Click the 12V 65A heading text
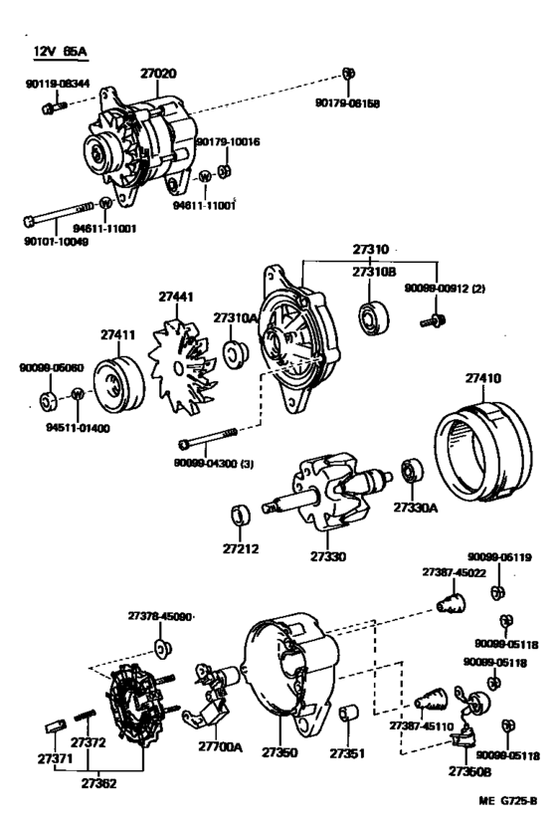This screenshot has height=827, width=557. click(x=62, y=51)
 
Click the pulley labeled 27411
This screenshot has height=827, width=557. click(x=116, y=382)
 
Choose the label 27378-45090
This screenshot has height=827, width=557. click(x=159, y=617)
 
